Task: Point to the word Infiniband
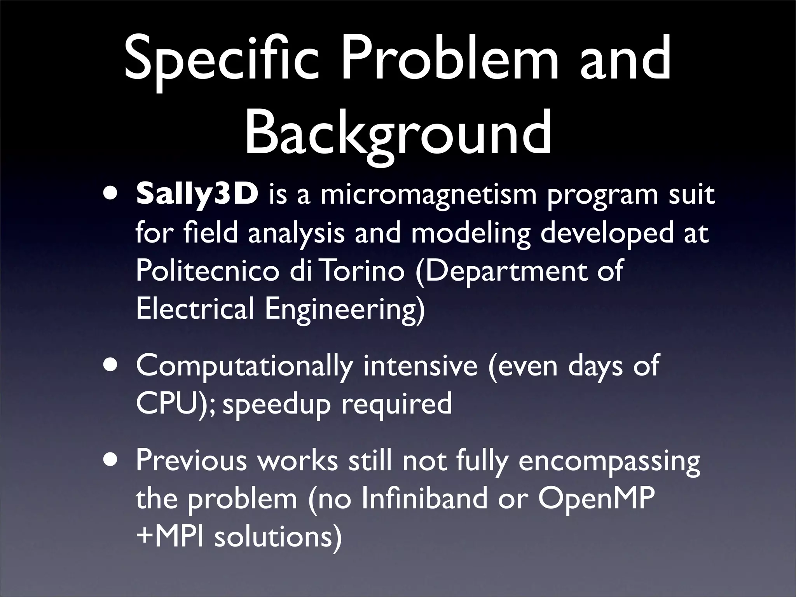tap(424, 499)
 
